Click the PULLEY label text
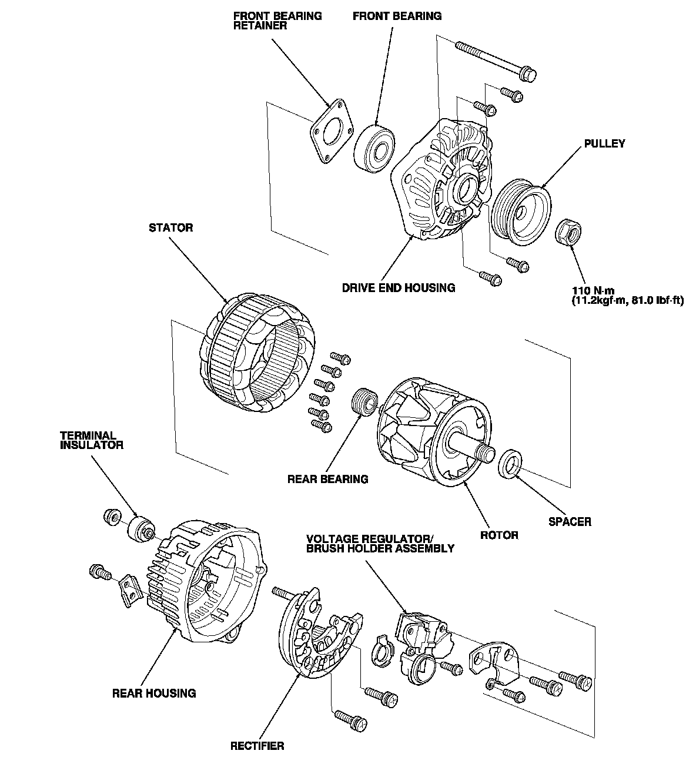point(604,143)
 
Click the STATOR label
point(170,227)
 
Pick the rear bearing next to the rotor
point(363,403)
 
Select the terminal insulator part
point(140,529)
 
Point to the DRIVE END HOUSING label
point(399,288)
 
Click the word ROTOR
point(499,535)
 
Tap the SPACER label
point(570,521)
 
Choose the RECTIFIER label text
point(257,746)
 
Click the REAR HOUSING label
point(154,693)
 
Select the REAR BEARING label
point(327,479)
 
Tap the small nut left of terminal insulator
point(111,517)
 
